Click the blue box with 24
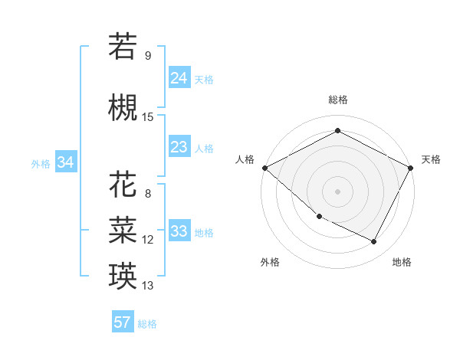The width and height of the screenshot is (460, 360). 179,77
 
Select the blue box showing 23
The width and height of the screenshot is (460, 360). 179,146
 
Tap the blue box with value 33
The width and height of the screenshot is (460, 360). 179,231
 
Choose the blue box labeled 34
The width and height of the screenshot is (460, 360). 65,162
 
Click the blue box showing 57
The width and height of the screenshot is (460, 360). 123,322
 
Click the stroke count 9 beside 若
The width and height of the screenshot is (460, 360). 148,55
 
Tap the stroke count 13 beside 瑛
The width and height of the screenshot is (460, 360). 148,286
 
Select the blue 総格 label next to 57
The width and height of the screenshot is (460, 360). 147,324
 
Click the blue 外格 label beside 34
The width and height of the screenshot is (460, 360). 41,164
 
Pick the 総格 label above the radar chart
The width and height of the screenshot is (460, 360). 337,100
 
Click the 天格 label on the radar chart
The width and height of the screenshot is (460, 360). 431,159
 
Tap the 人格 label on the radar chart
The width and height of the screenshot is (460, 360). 245,159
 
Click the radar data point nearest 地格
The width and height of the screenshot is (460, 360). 374,242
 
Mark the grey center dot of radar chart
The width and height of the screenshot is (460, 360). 337,191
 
